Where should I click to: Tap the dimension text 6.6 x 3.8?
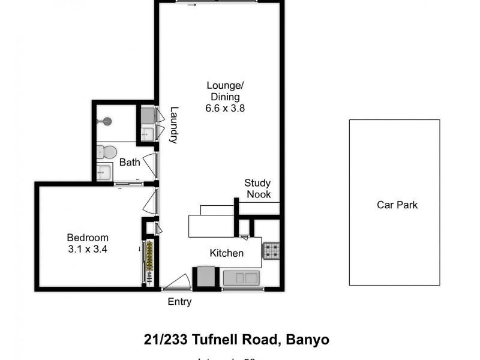coord(225,109)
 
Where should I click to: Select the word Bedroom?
coord(88,237)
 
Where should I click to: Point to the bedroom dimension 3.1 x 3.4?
coord(88,248)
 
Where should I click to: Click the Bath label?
coord(130,162)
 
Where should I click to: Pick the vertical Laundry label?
coord(174,125)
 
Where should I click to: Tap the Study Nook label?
coord(257,188)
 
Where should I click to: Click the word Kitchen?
coord(227,253)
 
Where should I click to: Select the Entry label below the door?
coord(179,302)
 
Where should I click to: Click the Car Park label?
coord(397,205)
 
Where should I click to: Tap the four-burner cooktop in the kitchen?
coord(271,250)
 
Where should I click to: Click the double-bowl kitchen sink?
coord(241,278)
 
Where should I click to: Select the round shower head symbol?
coord(107,122)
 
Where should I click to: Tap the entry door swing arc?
coord(178,280)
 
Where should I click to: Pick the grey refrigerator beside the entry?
coord(206,277)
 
